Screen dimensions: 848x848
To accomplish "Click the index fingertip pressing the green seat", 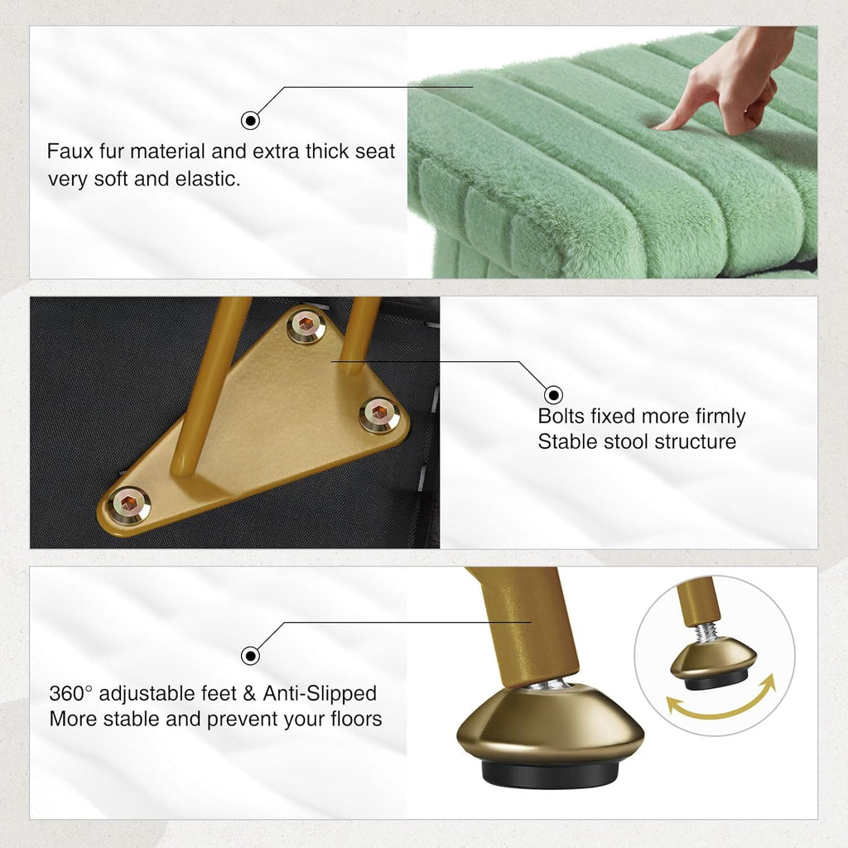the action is (661, 126).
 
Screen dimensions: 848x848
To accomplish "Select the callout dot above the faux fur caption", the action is (250, 120).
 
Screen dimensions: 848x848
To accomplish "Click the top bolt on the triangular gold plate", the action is (306, 325).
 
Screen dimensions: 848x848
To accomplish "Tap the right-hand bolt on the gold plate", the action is (379, 414).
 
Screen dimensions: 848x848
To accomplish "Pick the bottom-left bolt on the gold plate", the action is (128, 504).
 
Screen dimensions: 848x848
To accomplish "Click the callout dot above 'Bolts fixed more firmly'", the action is (552, 395).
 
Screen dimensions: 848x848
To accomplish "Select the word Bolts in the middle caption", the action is (561, 416).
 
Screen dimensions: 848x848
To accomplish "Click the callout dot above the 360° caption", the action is (250, 656).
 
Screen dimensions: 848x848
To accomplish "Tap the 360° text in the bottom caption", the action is (71, 693).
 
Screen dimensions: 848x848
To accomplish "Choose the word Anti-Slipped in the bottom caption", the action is (320, 693).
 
